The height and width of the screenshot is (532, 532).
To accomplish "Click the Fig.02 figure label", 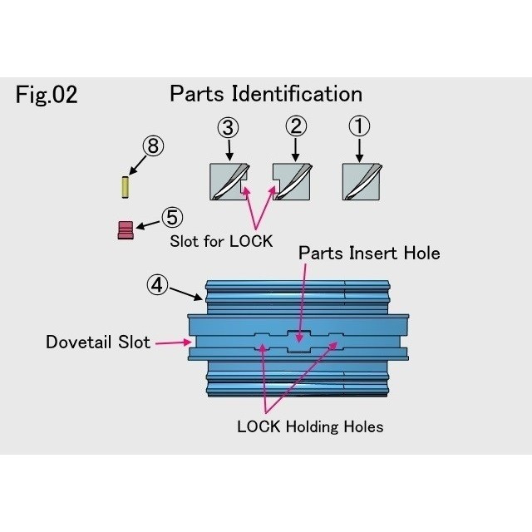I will click(x=47, y=95).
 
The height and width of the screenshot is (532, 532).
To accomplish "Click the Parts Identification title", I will click(x=265, y=93).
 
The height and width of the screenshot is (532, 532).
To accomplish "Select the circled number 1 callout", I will click(x=358, y=126).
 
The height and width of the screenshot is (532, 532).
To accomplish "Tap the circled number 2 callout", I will click(x=296, y=126).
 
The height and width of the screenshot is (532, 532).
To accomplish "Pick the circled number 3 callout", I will click(x=229, y=127).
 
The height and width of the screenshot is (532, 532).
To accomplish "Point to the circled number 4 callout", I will click(x=158, y=285).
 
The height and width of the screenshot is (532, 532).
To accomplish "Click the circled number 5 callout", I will click(x=171, y=218).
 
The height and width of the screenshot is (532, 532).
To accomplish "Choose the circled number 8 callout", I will click(x=152, y=146).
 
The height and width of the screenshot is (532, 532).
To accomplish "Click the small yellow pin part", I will click(x=125, y=187).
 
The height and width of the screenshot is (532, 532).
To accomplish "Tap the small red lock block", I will click(x=126, y=229).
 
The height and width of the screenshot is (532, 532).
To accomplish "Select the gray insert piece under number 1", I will click(x=361, y=181).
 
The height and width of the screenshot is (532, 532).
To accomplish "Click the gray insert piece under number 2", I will click(x=292, y=181).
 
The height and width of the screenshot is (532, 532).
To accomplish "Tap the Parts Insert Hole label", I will click(x=369, y=252).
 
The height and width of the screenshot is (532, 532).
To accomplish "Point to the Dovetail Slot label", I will click(x=98, y=342).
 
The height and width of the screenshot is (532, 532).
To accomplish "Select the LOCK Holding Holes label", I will click(x=310, y=426).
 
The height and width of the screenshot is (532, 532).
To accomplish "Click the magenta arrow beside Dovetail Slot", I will click(x=172, y=341).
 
